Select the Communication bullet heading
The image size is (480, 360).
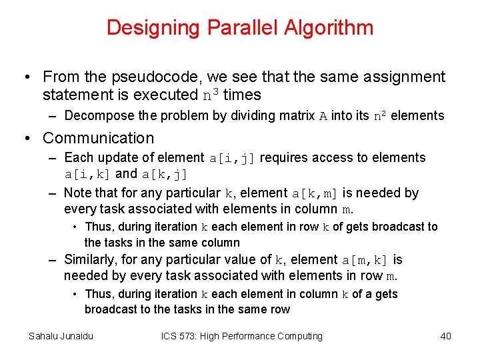pos(98,138)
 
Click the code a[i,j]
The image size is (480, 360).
pos(233,159)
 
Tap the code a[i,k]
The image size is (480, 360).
pos(88,175)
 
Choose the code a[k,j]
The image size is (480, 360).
pos(164,175)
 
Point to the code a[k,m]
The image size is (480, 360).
pos(315,194)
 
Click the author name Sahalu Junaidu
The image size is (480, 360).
pos(61,336)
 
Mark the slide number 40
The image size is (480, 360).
pos(445,336)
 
